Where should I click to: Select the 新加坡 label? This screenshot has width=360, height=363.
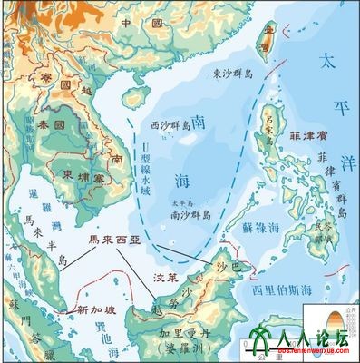95,309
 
